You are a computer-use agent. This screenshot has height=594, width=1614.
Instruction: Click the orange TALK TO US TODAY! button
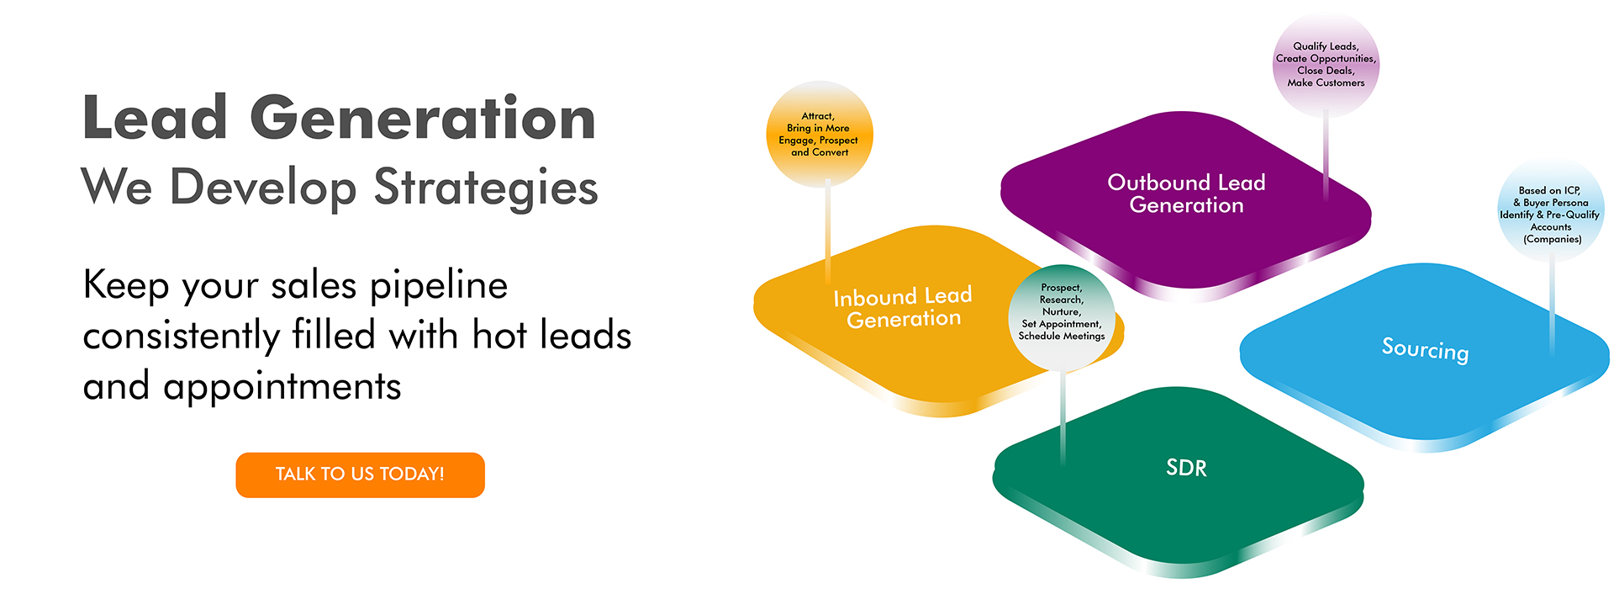360,475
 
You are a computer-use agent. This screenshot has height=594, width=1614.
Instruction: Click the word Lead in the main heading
156,118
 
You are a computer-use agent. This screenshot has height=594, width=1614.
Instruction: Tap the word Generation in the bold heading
423,118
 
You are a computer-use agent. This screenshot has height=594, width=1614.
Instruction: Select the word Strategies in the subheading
485,188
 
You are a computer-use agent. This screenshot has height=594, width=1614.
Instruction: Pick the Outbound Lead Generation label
1186,194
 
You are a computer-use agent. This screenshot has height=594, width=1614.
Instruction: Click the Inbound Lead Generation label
903,308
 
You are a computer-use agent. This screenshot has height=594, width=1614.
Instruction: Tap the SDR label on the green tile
1186,468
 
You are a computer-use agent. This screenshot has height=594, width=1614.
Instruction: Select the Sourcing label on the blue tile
1425,349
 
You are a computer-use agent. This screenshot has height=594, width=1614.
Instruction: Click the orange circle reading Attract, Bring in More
820,134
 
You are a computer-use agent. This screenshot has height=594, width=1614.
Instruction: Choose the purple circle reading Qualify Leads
1326,65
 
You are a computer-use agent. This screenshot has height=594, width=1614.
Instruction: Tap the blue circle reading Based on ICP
1550,209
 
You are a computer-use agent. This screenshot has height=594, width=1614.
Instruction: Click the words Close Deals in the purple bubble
1326,71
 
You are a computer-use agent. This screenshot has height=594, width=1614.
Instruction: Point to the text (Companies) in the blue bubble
1552,239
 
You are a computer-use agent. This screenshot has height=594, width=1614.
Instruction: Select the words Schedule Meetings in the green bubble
1062,336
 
